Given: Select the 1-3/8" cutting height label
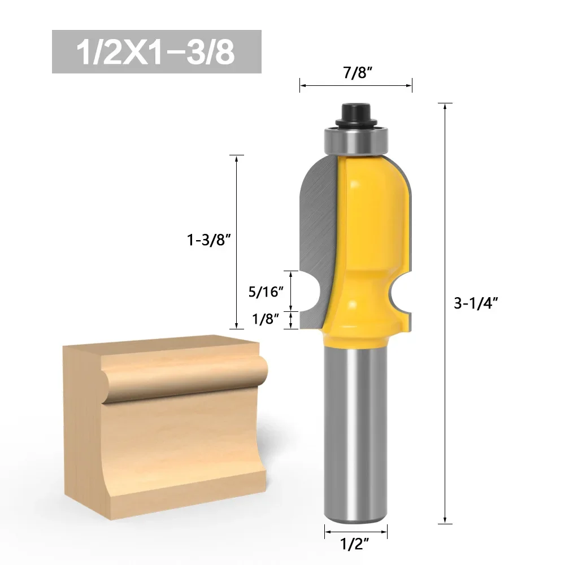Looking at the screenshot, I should pyautogui.click(x=209, y=240).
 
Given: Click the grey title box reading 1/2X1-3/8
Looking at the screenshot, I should pyautogui.click(x=157, y=52).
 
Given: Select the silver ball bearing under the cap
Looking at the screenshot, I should pyautogui.click(x=356, y=140).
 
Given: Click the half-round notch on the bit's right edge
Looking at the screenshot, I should pyautogui.click(x=402, y=294).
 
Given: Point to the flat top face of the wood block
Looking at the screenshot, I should pyautogui.click(x=164, y=347).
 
